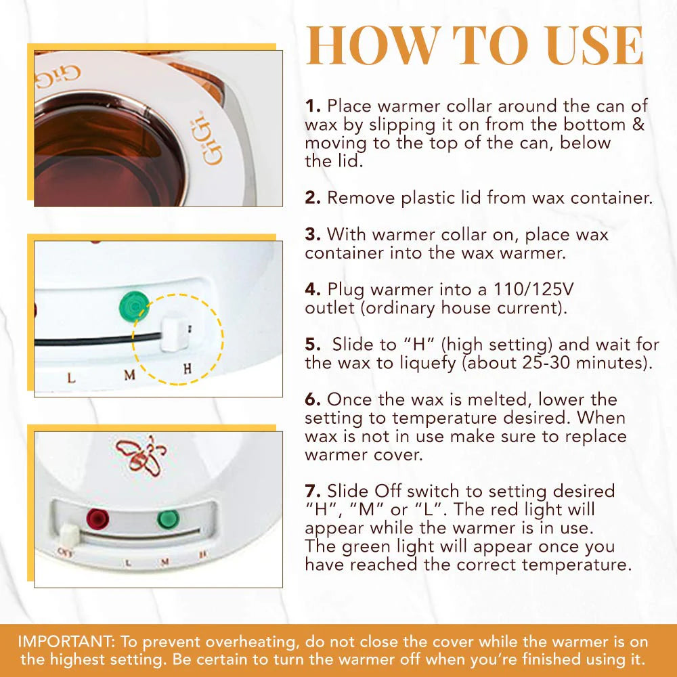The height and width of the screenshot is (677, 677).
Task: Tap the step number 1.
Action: click(312, 106)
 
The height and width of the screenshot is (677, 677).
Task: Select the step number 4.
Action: click(312, 290)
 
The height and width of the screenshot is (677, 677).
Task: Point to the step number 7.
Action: click(313, 491)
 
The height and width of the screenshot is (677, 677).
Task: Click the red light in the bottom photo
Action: click(98, 520)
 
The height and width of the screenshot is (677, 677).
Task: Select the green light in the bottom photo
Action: click(169, 520)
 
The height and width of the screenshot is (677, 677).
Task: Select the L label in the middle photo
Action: click(72, 377)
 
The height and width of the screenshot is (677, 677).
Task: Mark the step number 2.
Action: click(312, 198)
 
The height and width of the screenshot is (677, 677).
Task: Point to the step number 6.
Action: click(313, 399)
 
